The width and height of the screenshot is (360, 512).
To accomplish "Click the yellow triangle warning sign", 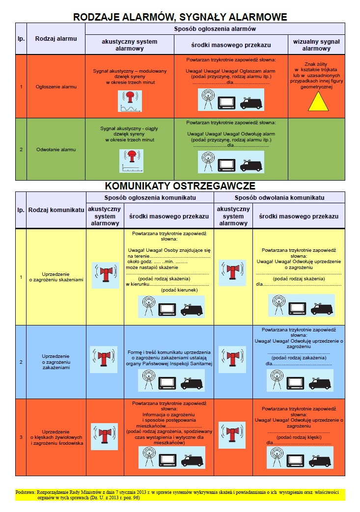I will click(317, 101).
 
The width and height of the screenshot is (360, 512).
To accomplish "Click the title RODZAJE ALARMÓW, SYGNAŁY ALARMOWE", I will click(180, 17).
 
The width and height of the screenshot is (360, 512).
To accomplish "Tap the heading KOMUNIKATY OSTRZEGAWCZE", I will click(180, 186).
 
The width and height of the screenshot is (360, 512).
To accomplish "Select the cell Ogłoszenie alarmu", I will click(55, 87).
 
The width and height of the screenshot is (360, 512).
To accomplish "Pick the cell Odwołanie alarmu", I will click(55, 149).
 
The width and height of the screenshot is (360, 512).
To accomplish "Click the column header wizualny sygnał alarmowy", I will click(316, 45).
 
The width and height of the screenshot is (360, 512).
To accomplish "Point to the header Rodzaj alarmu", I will click(55, 38).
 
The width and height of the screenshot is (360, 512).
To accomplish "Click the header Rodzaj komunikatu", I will click(56, 210).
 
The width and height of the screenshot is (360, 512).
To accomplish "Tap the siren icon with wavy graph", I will click(130, 101).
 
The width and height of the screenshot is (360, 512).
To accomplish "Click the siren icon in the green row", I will click(131, 161).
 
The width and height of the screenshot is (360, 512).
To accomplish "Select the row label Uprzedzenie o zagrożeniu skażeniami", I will click(56, 276).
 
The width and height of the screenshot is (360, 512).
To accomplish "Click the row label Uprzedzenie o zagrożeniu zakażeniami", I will click(56, 362).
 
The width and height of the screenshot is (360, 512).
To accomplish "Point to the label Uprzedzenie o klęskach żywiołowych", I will click(56, 437).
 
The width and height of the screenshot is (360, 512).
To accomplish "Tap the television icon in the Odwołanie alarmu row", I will click(227, 164).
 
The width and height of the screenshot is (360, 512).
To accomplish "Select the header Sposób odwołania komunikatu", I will click(279, 197).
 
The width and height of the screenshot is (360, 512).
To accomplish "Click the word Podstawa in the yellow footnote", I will click(25, 491).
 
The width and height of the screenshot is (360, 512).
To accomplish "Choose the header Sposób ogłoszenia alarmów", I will click(215, 29).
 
